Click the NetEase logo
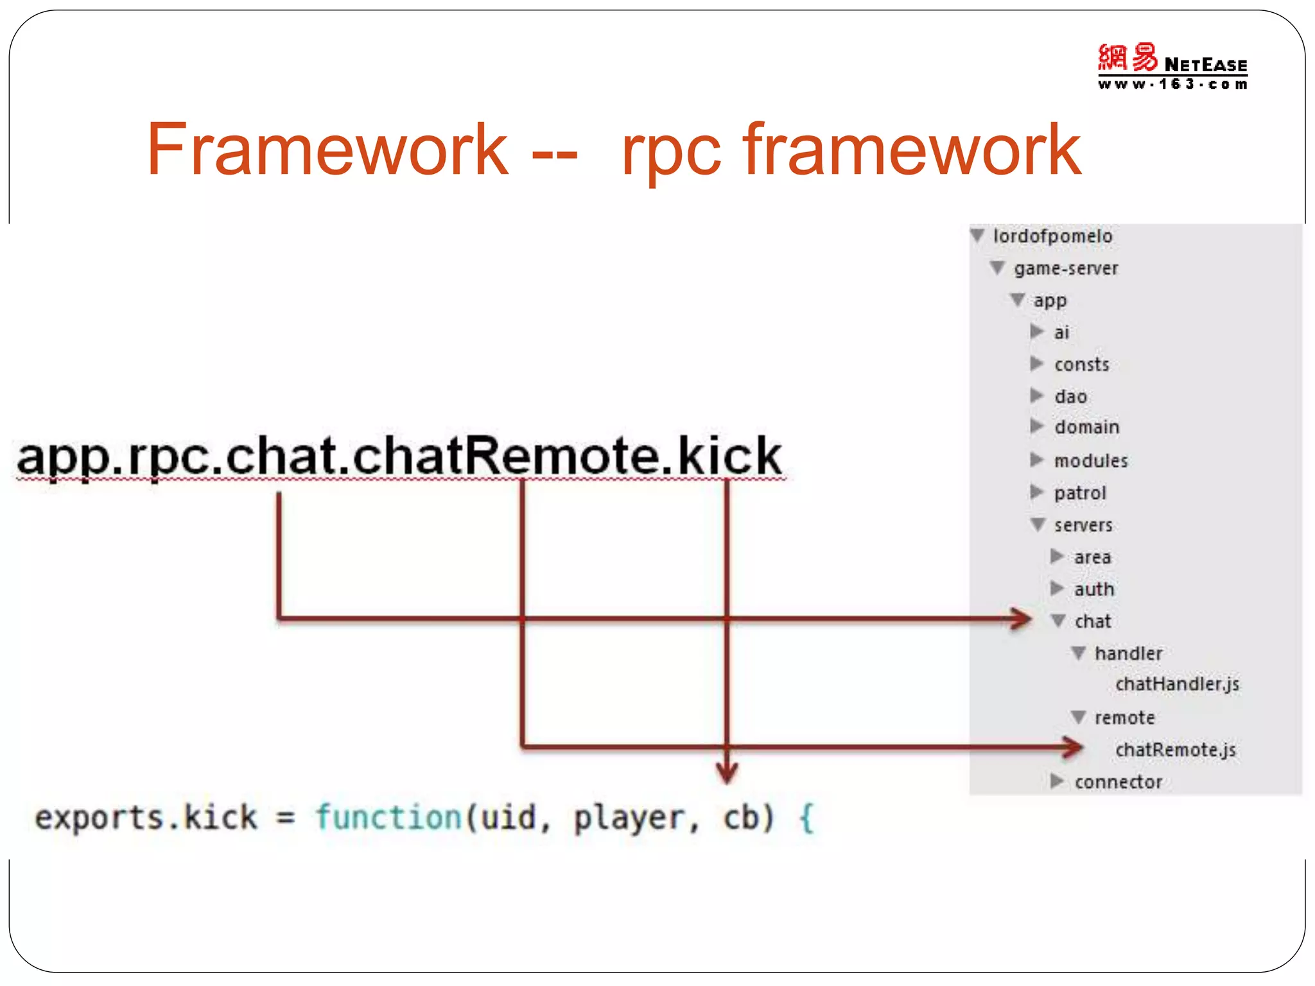click(1172, 66)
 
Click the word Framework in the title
click(327, 150)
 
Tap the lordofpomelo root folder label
click(1052, 236)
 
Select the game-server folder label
click(1066, 268)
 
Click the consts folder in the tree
click(1081, 365)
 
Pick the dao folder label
click(1070, 397)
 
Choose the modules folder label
click(1090, 461)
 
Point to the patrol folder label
click(1080, 493)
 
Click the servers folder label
click(1083, 525)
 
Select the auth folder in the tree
click(1094, 589)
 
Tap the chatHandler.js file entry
click(1177, 684)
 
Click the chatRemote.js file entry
click(1175, 750)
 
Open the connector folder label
click(1118, 782)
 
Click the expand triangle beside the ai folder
click(1036, 331)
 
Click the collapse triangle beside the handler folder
click(1079, 653)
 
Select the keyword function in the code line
click(388, 818)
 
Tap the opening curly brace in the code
click(806, 818)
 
